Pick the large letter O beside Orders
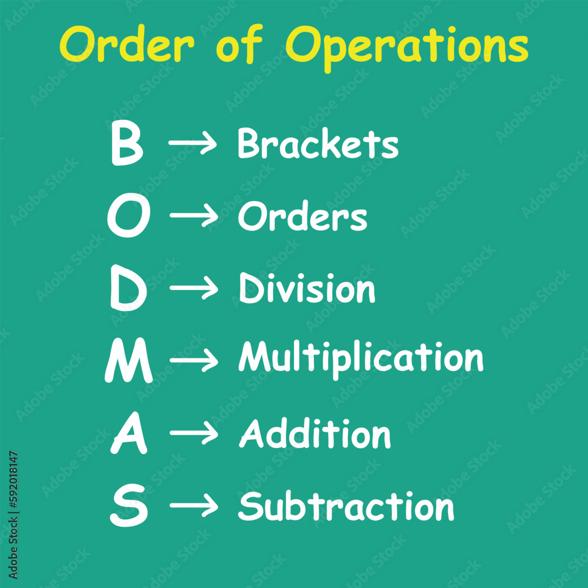coord(128,218)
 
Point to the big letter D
coord(128,290)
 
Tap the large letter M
coord(128,362)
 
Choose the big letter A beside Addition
coord(129,435)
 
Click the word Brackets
coord(318,143)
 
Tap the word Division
coord(306,289)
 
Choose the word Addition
coord(315,434)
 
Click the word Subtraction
coord(346,506)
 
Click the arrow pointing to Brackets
coord(192,143)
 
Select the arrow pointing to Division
coord(193,289)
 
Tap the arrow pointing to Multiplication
coord(193,362)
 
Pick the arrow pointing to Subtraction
coord(193,507)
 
